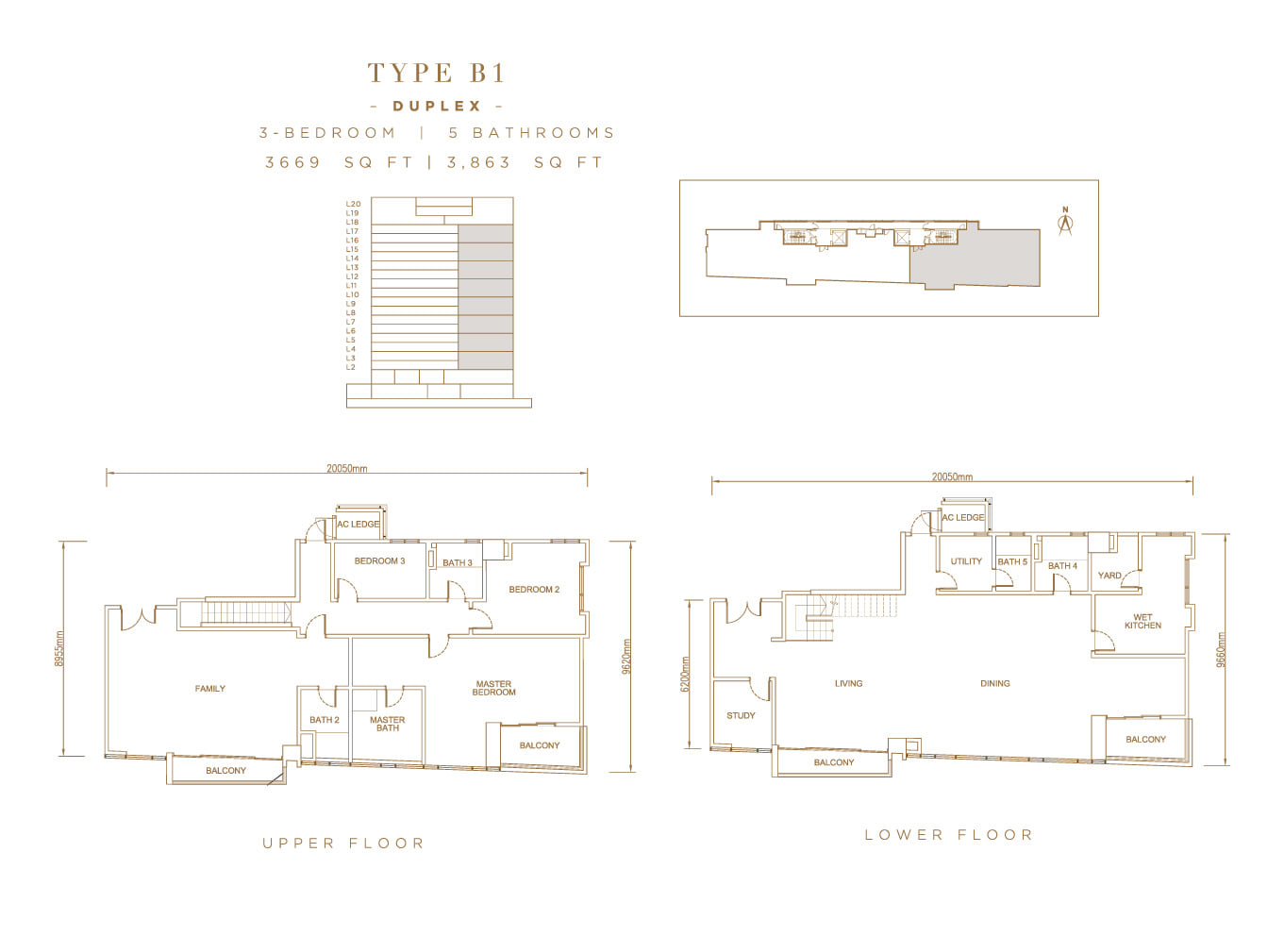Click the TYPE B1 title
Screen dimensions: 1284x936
(436, 73)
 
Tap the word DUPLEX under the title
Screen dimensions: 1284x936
(437, 106)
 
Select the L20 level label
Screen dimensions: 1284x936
(353, 204)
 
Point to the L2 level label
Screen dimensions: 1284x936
(351, 367)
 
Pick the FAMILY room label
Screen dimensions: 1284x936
(209, 689)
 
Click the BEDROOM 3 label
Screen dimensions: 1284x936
(379, 560)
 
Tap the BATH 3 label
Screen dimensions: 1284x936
(458, 563)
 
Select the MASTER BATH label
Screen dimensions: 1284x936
(388, 724)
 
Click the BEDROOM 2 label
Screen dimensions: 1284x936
(534, 589)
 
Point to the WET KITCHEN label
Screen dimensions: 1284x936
(1143, 621)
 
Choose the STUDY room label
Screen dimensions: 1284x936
(741, 715)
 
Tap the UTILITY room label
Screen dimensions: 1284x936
(966, 561)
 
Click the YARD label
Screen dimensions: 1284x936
(1109, 575)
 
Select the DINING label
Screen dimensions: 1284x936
(995, 683)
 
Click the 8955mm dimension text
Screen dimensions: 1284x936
(59, 648)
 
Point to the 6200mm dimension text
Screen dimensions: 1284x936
(685, 674)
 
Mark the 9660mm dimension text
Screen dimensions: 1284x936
(1221, 649)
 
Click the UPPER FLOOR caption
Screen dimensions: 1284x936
(343, 844)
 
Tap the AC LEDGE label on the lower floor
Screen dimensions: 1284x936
(963, 518)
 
